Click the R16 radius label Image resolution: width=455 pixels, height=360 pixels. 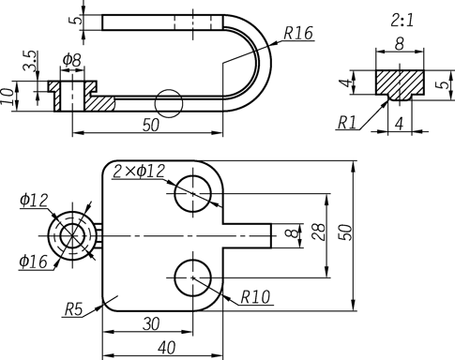(x=298, y=33)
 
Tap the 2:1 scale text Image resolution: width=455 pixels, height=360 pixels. (x=402, y=21)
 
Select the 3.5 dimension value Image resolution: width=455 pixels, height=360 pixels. (x=30, y=61)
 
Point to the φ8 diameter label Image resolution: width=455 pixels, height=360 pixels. (x=72, y=60)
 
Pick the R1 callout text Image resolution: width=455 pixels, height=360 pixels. (x=347, y=123)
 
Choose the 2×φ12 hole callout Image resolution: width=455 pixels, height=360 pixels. (x=139, y=171)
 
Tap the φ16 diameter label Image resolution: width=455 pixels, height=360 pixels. (x=33, y=262)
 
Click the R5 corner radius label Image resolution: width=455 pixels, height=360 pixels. (x=73, y=309)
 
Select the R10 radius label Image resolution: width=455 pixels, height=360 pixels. (x=255, y=297)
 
